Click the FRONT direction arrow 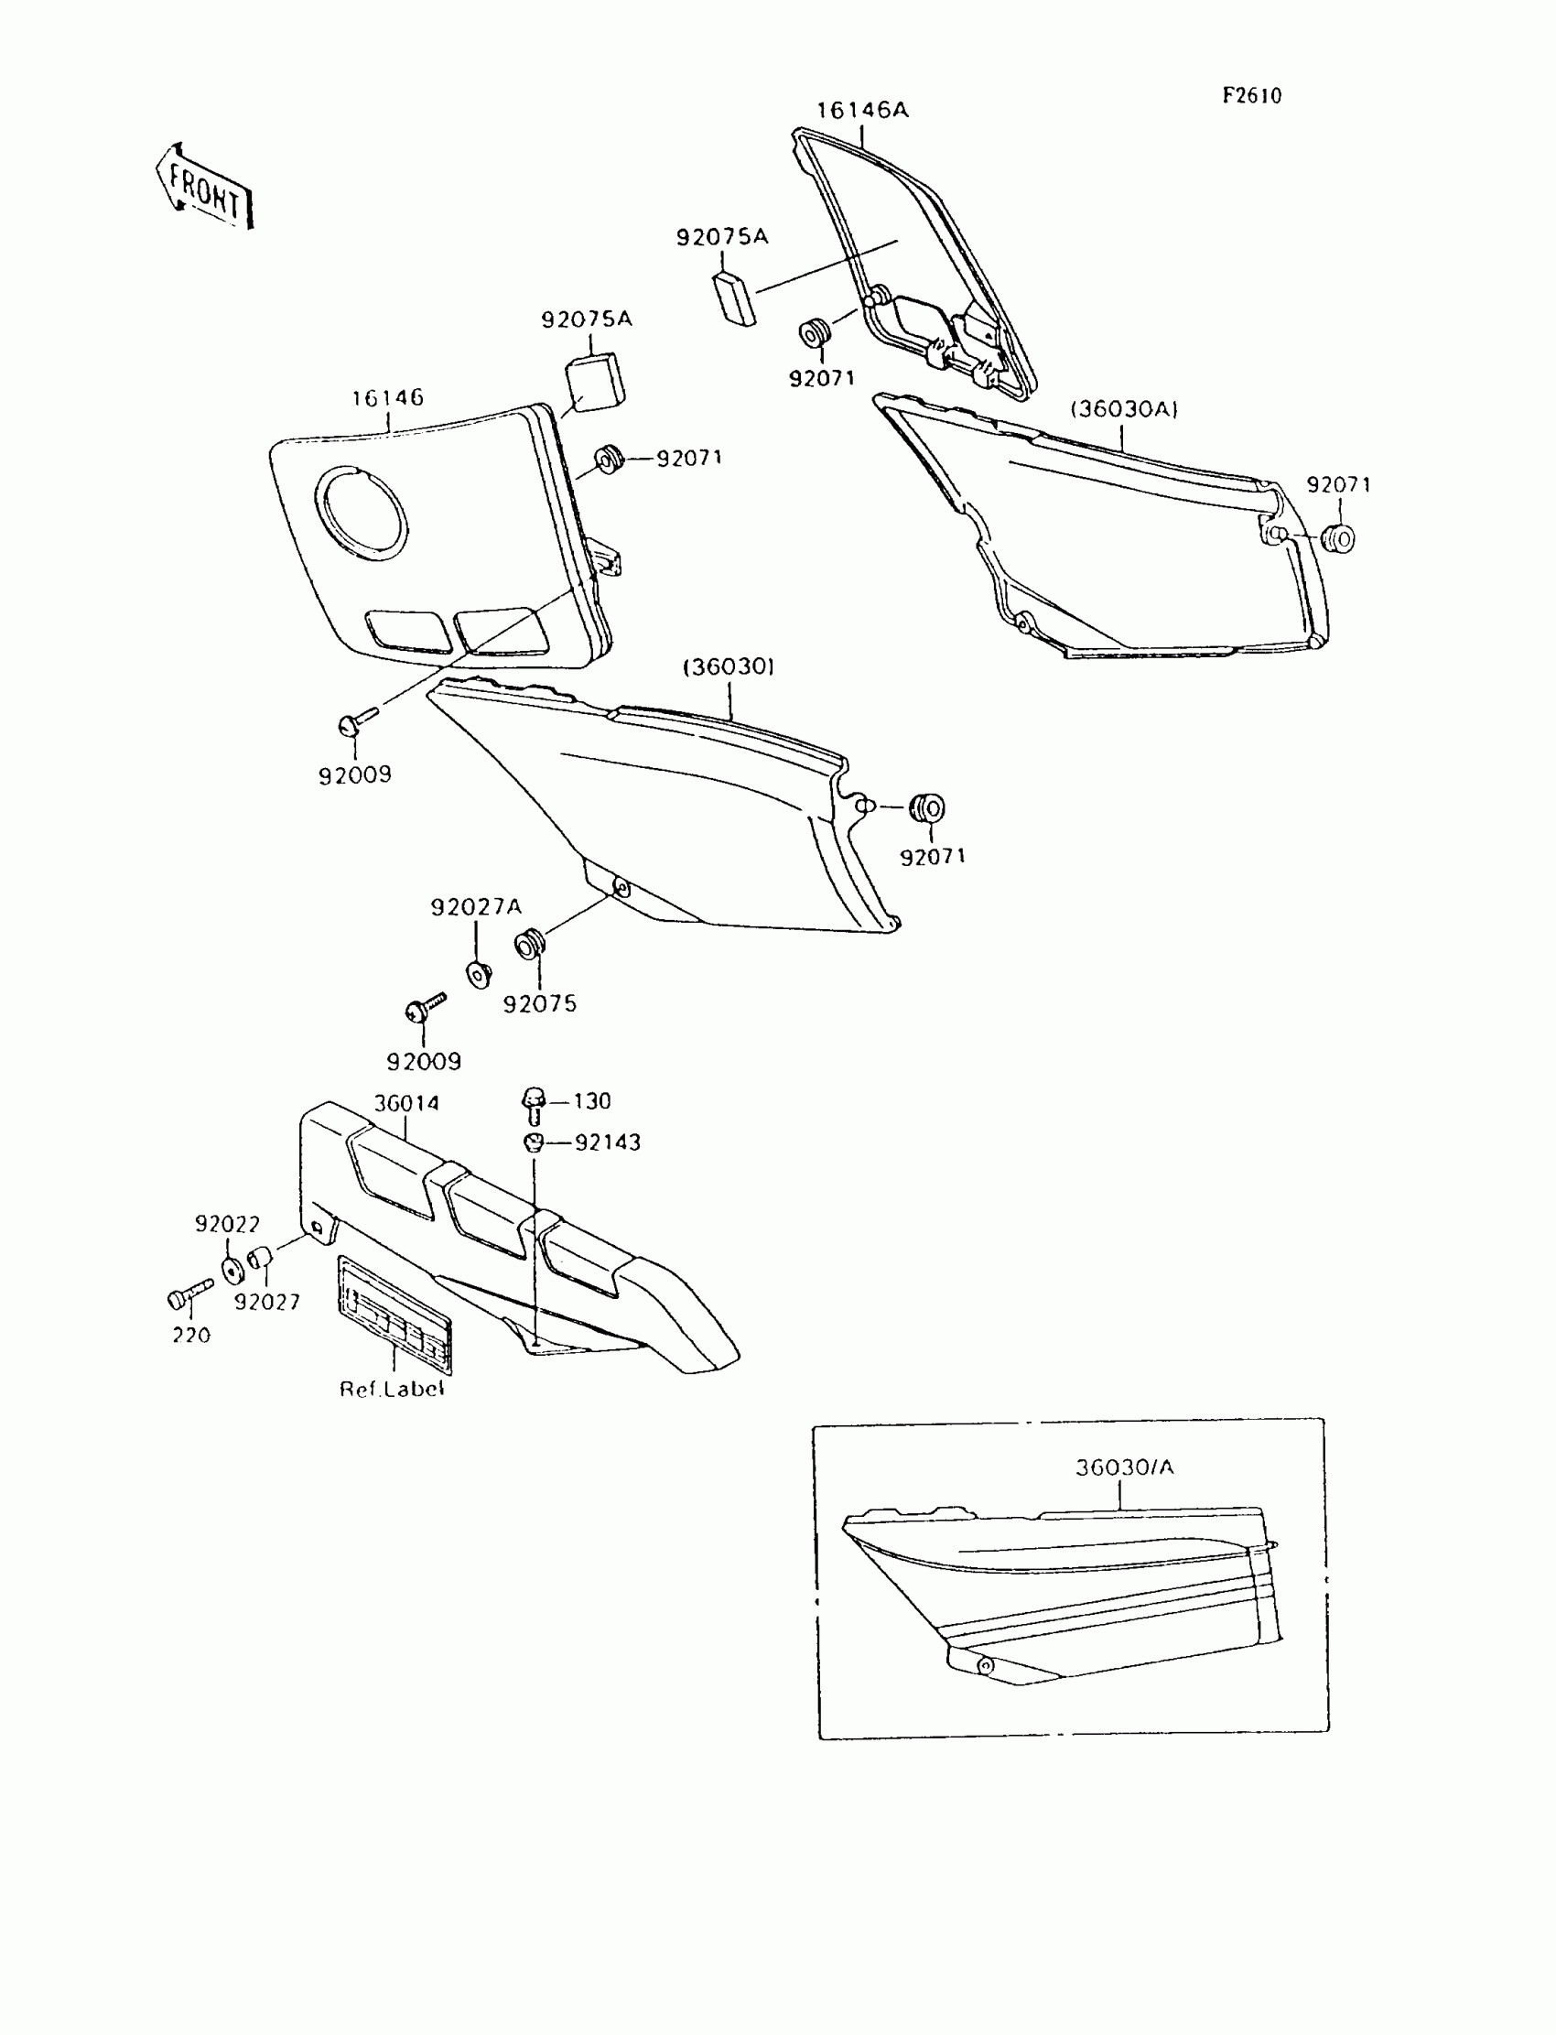click(x=205, y=186)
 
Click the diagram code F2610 click(x=1251, y=95)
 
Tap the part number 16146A click(x=861, y=110)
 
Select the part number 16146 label click(x=387, y=398)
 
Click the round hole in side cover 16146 click(x=361, y=513)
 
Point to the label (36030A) click(x=1124, y=409)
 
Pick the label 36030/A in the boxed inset click(x=1124, y=1468)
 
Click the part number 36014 click(x=405, y=1103)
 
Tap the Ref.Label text click(x=392, y=1390)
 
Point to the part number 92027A click(x=476, y=907)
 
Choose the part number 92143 click(x=608, y=1143)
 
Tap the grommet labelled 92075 click(x=530, y=946)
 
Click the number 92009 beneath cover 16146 click(x=355, y=775)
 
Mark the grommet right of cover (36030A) click(x=1339, y=537)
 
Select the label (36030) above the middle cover click(x=729, y=667)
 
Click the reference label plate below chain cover click(x=394, y=1314)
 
